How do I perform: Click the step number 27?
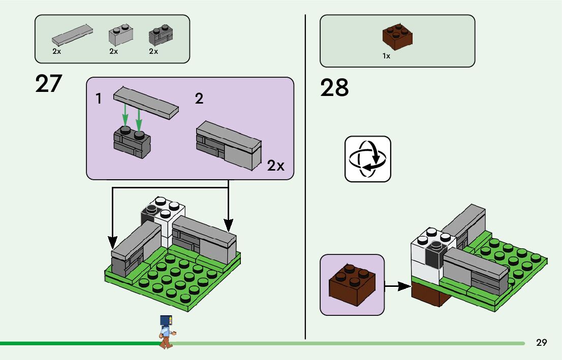click(x=48, y=84)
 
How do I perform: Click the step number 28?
click(x=334, y=88)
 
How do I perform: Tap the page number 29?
click(x=541, y=343)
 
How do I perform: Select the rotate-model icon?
click(x=368, y=159)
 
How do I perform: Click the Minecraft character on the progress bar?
click(x=166, y=332)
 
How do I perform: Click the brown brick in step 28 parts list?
click(x=397, y=37)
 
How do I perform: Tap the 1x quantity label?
click(x=386, y=56)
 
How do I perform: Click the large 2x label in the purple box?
click(x=276, y=166)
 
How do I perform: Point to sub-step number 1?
click(x=99, y=99)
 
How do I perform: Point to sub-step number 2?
click(x=199, y=99)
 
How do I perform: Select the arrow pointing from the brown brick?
click(x=397, y=287)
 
